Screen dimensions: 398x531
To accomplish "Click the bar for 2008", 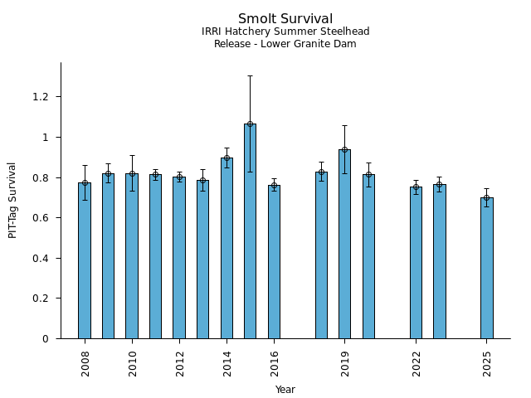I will coord(85,261).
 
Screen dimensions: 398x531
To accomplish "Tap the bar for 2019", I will coord(344,245).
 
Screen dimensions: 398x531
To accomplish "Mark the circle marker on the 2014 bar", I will coord(227,158).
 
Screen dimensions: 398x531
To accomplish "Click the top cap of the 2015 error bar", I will coord(250,75).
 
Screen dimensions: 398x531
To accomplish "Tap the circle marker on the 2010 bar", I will coord(132,174).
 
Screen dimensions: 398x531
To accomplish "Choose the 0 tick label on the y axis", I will coord(46,339).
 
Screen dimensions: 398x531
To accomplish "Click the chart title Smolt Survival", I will coord(285,19).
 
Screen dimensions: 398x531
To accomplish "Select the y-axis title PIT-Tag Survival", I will coord(13,200).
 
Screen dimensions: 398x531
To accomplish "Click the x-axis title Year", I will coord(285,390).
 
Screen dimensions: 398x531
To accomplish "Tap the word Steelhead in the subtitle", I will coord(343,32).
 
